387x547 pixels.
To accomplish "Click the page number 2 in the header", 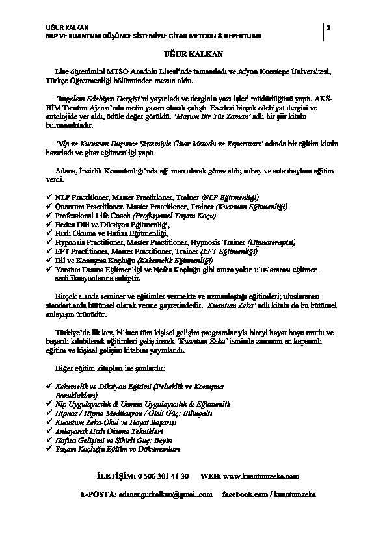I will tap(329, 28).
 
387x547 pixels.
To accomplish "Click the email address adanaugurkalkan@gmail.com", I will tap(165, 494).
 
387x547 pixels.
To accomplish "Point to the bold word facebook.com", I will tap(246, 494).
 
